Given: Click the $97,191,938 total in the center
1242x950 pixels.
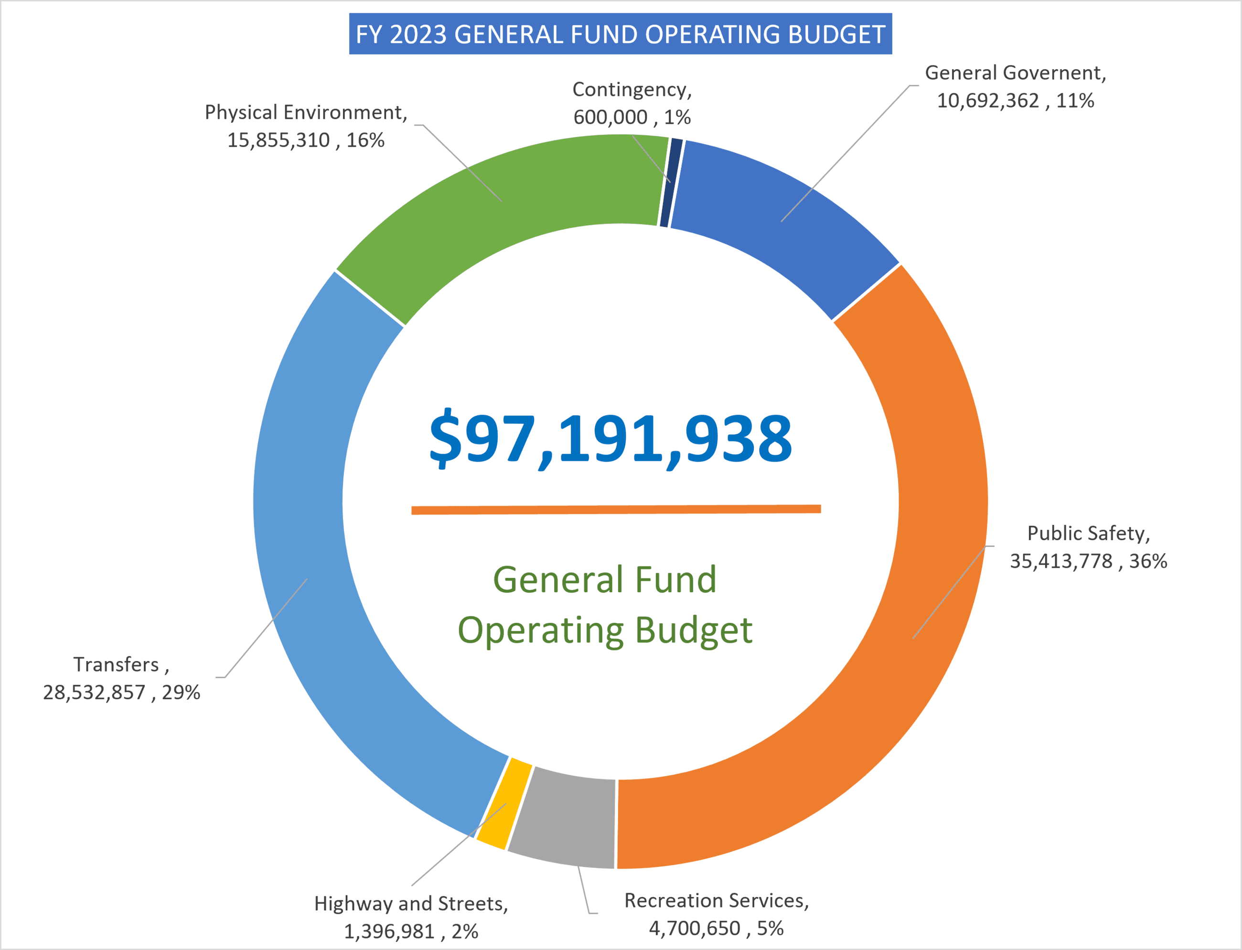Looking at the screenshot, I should pos(611,438).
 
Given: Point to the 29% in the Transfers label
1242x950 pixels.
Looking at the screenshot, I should pos(181,693).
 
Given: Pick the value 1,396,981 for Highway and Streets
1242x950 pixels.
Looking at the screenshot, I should pos(389,932).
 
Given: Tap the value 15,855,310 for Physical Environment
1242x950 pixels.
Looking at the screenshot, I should pos(278,140).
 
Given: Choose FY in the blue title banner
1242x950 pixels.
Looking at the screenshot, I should pos(369,34).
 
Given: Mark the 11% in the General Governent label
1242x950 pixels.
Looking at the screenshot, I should pos(1075,101).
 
